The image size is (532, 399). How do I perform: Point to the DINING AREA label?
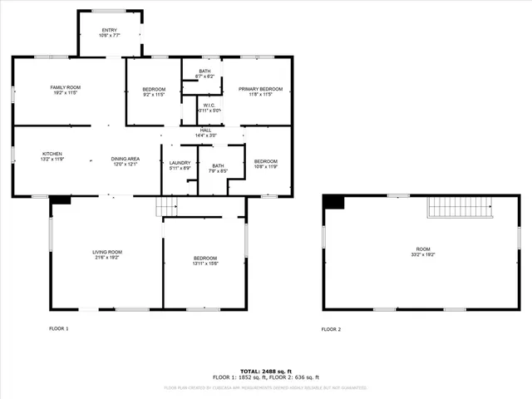(125, 161)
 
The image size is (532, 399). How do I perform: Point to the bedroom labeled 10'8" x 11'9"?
(266, 163)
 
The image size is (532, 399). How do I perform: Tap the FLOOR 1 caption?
(58, 329)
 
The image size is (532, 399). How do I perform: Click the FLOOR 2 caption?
(331, 329)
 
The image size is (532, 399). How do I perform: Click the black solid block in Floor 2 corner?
(333, 202)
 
